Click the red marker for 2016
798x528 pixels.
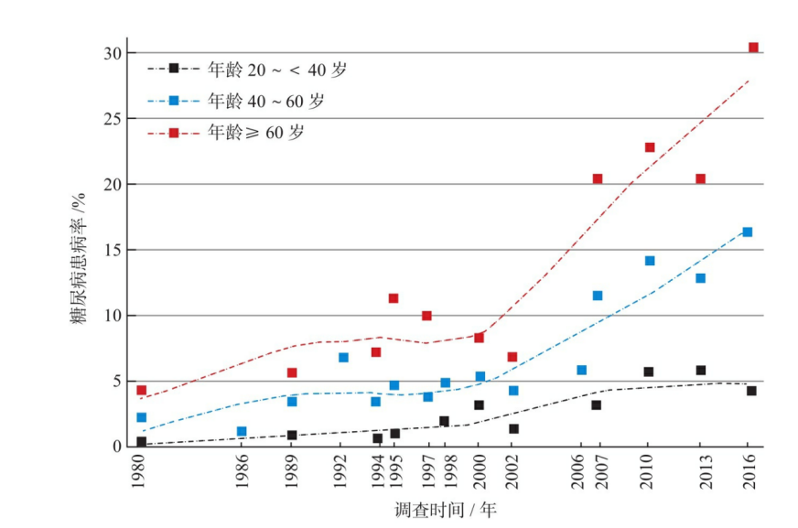pyautogui.click(x=753, y=48)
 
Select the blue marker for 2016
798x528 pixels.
pyautogui.click(x=747, y=232)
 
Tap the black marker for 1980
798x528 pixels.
pyautogui.click(x=141, y=442)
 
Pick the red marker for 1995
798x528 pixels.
pyautogui.click(x=394, y=298)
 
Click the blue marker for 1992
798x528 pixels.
pyautogui.click(x=343, y=358)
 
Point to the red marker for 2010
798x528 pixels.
pyautogui.click(x=650, y=147)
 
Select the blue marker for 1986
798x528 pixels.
pyautogui.click(x=242, y=432)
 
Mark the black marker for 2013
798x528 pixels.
pyautogui.click(x=701, y=371)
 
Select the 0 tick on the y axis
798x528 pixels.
pyautogui.click(x=116, y=447)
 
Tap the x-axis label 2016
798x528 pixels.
pyautogui.click(x=748, y=472)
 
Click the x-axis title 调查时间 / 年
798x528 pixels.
pyautogui.click(x=446, y=510)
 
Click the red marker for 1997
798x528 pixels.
pyautogui.click(x=426, y=316)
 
